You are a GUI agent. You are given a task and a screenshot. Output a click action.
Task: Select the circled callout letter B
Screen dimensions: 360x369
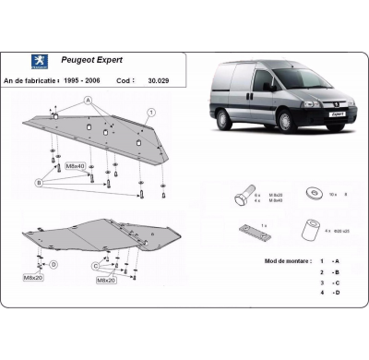(x=39, y=183)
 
